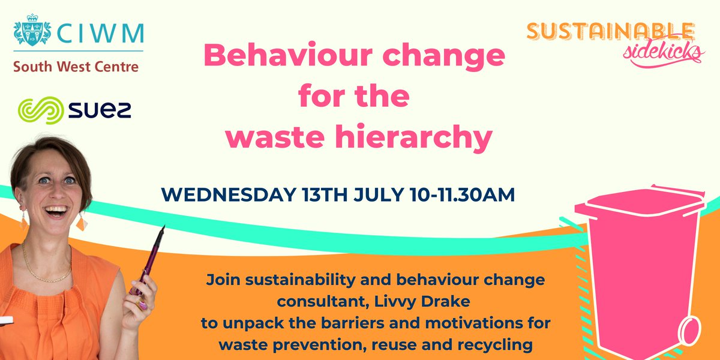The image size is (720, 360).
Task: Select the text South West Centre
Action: coord(76,66)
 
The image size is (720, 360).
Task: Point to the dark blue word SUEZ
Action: coord(96,111)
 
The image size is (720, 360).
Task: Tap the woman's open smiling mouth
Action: coord(55,211)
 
